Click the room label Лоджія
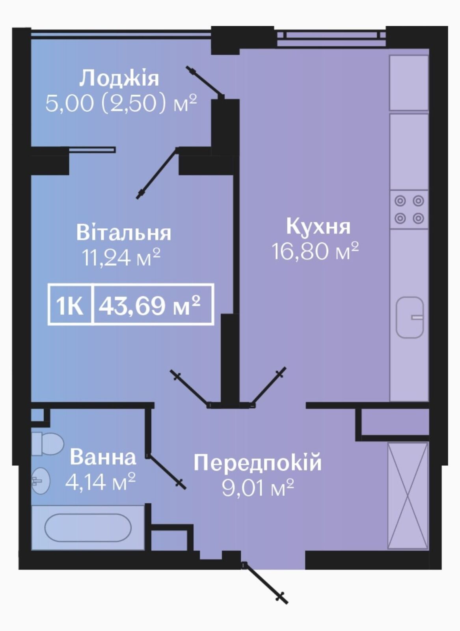pyautogui.click(x=119, y=78)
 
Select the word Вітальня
pyautogui.click(x=124, y=233)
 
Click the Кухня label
pyautogui.click(x=318, y=226)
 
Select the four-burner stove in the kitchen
pyautogui.click(x=409, y=209)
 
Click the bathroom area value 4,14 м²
pyautogui.click(x=101, y=481)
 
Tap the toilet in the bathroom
pyautogui.click(x=47, y=444)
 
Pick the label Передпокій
pyautogui.click(x=257, y=463)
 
